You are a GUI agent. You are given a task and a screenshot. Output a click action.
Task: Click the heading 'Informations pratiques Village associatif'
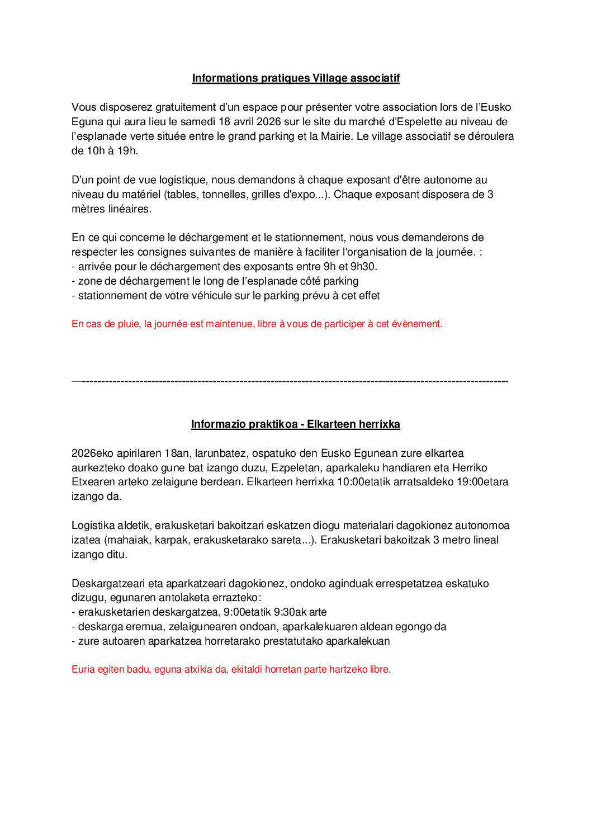coord(296,78)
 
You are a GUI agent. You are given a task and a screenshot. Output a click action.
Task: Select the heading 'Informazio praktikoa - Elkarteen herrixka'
coord(296,424)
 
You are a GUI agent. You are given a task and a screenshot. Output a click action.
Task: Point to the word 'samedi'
coord(198,122)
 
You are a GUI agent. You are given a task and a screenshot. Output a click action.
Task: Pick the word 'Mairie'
coord(335,136)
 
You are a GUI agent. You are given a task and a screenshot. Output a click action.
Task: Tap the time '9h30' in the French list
coord(363,267)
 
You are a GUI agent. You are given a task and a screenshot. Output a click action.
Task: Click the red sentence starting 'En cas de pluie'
coord(257,324)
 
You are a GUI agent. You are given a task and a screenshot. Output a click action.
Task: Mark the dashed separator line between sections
coord(290,381)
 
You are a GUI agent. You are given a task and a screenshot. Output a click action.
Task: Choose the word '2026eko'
coord(92,453)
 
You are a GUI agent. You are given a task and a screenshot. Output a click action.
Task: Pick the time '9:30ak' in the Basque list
coord(289,612)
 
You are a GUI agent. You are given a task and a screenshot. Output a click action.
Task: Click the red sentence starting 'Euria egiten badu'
coord(231,670)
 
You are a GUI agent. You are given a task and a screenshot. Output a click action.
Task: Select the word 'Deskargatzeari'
coord(108,584)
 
